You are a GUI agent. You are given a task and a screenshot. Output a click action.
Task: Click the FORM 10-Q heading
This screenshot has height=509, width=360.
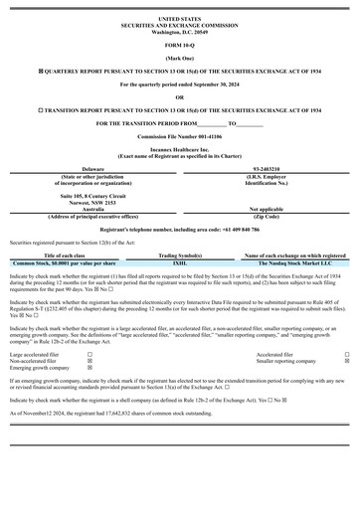point(179,46)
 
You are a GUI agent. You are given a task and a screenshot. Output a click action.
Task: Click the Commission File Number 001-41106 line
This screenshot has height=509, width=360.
point(179,135)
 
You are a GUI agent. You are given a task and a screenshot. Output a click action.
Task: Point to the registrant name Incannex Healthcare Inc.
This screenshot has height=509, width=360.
point(179,150)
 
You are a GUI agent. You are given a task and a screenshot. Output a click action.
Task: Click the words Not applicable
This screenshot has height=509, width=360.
point(266,209)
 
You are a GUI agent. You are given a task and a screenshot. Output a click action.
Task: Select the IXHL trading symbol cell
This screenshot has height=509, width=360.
point(180,262)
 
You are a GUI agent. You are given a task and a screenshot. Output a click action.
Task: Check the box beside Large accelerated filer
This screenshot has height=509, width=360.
point(90,354)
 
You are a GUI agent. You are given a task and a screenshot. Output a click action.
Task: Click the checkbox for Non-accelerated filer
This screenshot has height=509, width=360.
point(90,361)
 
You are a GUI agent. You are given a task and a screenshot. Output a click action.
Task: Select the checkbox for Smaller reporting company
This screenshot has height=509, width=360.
point(347,361)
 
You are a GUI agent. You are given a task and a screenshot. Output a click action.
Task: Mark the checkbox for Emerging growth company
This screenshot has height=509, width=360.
point(90,368)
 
